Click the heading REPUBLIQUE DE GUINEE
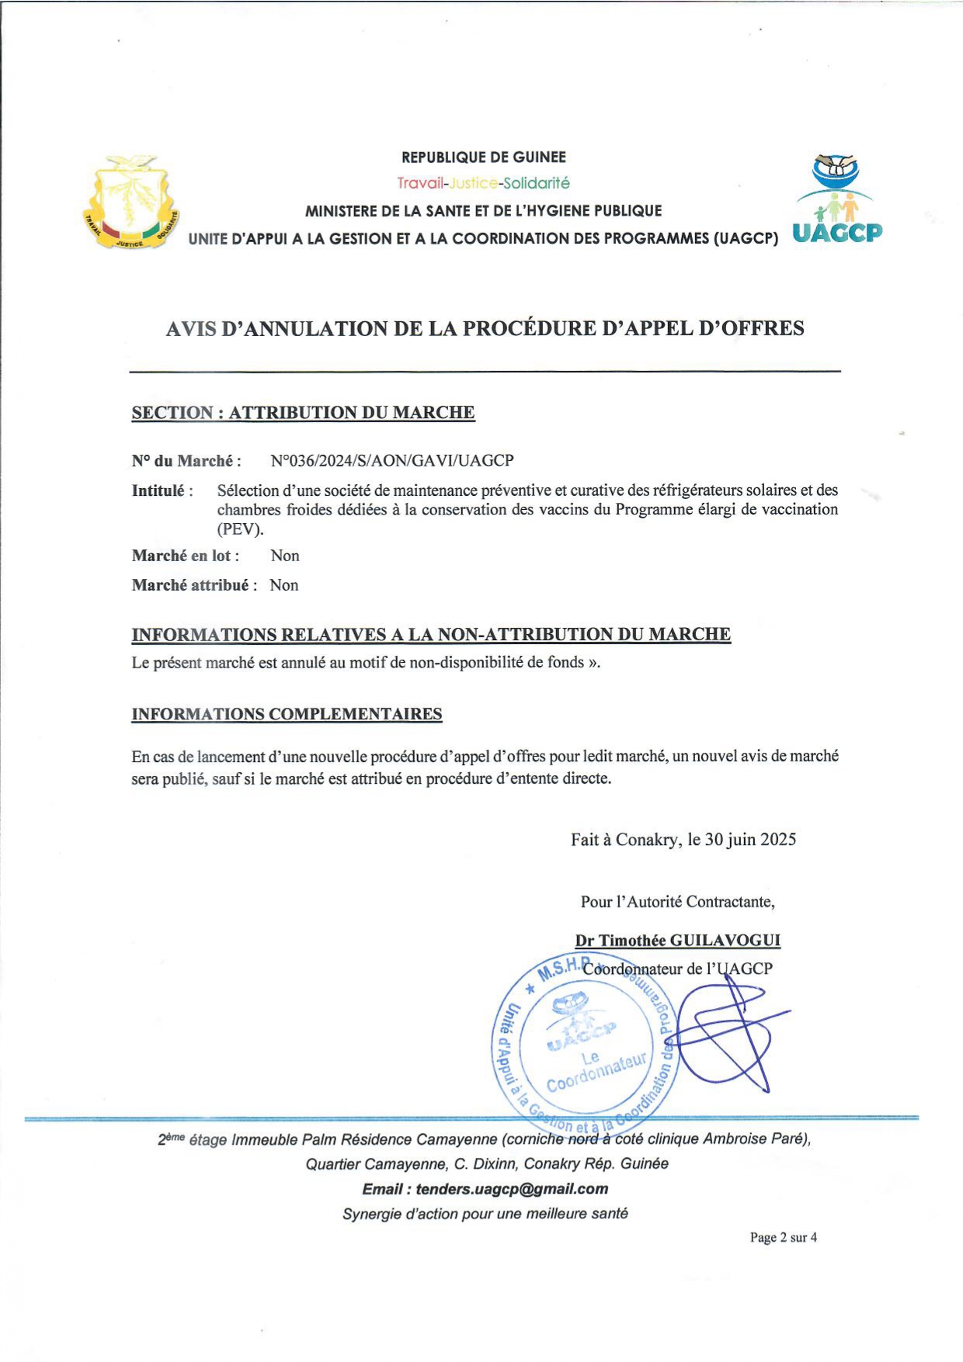pos(483,158)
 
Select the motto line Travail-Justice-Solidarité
pos(483,183)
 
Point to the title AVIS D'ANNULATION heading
pos(485,328)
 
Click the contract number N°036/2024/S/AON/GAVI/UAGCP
pos(392,461)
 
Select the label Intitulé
pos(158,490)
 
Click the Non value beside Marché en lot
pos(285,556)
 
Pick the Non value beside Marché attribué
pos(284,585)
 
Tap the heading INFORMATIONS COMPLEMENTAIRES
pos(287,714)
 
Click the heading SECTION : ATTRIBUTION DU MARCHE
pos(303,413)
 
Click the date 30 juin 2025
pos(750,839)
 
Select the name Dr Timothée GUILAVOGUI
pos(677,941)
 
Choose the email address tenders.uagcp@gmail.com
pos(512,1189)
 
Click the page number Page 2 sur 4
pos(783,1237)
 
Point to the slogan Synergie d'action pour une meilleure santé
pos(485,1214)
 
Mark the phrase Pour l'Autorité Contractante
pos(677,902)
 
